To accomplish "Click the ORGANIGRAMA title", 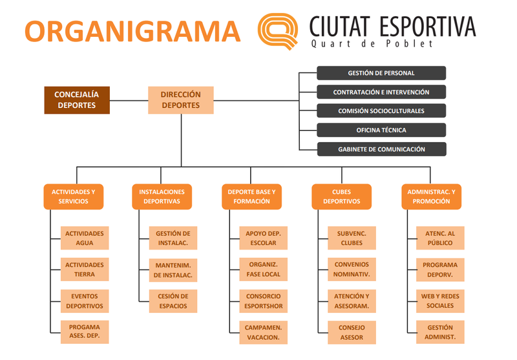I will (x=132, y=30).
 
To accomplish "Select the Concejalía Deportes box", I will (x=77, y=100).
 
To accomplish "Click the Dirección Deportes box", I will (x=181, y=100).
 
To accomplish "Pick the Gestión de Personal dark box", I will (x=381, y=73).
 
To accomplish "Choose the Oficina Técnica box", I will (x=381, y=130).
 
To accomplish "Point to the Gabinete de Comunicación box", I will (x=381, y=149).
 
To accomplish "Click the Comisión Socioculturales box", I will (x=381, y=111).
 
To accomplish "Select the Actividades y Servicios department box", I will (x=73, y=196).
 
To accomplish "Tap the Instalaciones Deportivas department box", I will (x=162, y=196).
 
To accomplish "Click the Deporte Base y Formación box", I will (x=252, y=196).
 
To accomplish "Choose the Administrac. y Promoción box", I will (x=431, y=196).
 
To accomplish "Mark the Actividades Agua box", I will (x=85, y=238).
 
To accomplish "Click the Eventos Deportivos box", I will (x=85, y=301).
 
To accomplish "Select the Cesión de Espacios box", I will (x=173, y=301).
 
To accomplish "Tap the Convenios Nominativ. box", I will (x=352, y=270).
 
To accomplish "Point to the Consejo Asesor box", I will (x=352, y=332).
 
